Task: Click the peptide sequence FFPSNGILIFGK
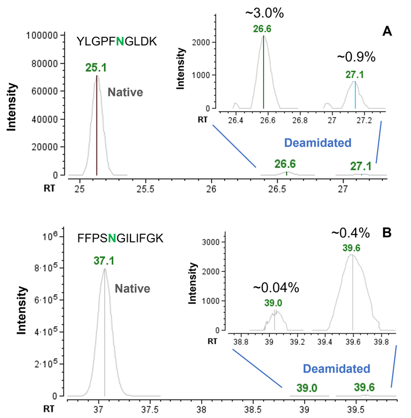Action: click(120, 238)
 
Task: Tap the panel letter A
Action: click(387, 32)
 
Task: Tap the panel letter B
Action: click(387, 233)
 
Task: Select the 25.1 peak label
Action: click(96, 67)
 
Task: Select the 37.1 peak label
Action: click(104, 261)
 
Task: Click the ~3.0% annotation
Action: click(262, 13)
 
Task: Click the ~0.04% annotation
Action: click(276, 287)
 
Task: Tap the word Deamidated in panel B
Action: click(336, 368)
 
